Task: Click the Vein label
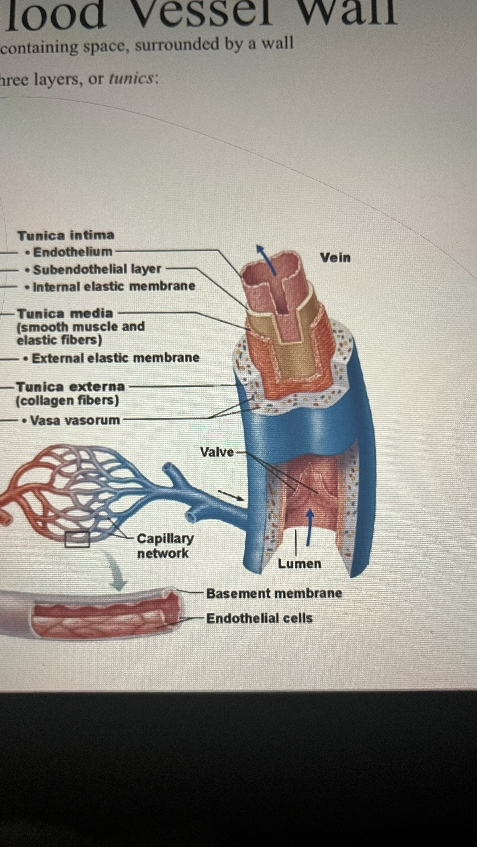pyautogui.click(x=335, y=258)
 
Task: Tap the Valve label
pyautogui.click(x=217, y=452)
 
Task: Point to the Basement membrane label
pyautogui.click(x=274, y=593)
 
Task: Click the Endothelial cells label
pyautogui.click(x=259, y=618)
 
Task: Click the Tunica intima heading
pyautogui.click(x=66, y=235)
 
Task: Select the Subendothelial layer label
pyautogui.click(x=97, y=269)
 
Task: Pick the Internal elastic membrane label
pyautogui.click(x=114, y=286)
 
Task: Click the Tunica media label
pyautogui.click(x=65, y=313)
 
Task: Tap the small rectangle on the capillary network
pyautogui.click(x=77, y=540)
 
